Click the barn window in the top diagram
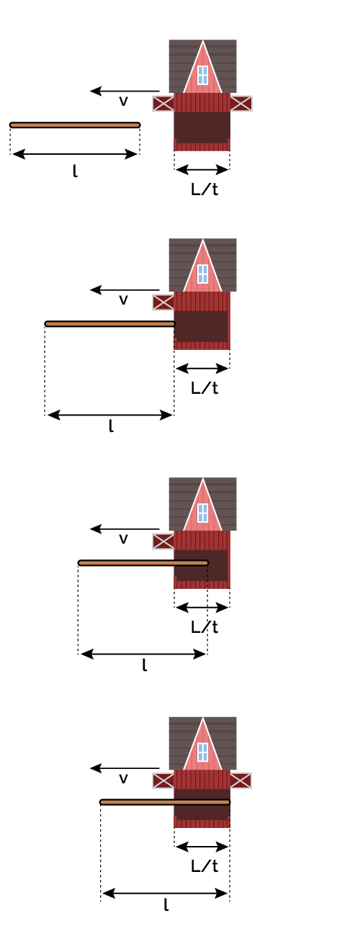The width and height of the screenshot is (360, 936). tap(202, 75)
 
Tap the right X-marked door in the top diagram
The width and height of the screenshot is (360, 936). tap(241, 103)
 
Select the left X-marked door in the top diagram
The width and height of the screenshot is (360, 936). tap(163, 103)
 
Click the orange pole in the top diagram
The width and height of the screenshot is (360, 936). tap(75, 125)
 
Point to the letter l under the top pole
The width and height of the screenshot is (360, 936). tap(75, 171)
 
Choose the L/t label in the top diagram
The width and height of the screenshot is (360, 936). tap(204, 189)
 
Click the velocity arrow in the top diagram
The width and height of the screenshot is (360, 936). tap(125, 91)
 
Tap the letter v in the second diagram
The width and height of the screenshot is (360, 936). tap(123, 300)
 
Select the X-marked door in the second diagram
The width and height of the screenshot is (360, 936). tap(163, 302)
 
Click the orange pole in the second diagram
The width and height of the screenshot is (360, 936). tap(110, 323)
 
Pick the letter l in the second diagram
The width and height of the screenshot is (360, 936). tap(111, 426)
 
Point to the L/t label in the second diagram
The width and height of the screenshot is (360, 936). tap(204, 388)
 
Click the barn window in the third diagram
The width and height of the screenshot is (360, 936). tap(202, 513)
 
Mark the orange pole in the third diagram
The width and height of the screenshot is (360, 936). tap(143, 562)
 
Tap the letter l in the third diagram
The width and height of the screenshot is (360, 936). tap(145, 665)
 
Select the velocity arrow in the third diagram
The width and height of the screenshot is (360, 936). tap(125, 528)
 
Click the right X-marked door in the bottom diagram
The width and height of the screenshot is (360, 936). tap(241, 780)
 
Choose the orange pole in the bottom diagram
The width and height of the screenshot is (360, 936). tap(165, 802)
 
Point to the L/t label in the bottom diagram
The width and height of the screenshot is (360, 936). tap(204, 866)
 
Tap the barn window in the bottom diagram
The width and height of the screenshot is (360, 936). tap(202, 752)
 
